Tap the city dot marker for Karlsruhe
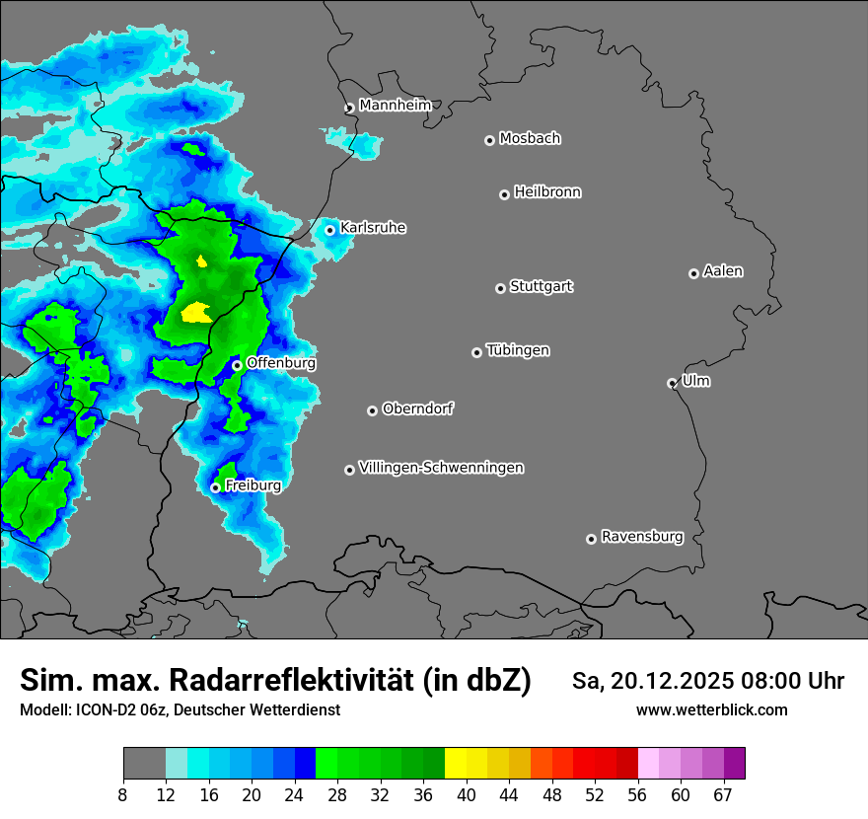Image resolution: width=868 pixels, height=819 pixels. [x=330, y=231]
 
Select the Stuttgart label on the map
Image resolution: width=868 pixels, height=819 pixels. [x=542, y=286]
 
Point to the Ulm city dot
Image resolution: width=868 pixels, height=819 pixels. [x=673, y=383]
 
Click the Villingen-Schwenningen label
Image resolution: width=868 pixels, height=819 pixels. [x=442, y=468]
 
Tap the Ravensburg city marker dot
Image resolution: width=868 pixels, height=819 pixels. [x=592, y=539]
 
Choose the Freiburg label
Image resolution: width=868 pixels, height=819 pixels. [x=253, y=485]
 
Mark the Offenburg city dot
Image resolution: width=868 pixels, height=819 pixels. [x=238, y=365]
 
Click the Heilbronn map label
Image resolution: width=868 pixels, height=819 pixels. [x=547, y=192]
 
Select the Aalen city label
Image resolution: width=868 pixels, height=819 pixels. [x=723, y=271]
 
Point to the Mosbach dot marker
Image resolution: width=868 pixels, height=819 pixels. [x=489, y=140]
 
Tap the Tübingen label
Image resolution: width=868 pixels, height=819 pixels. [x=518, y=350]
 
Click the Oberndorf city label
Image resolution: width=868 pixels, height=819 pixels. [x=417, y=409]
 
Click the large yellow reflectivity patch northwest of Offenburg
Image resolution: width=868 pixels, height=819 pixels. [x=197, y=313]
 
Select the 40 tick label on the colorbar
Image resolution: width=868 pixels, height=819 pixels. [x=466, y=795]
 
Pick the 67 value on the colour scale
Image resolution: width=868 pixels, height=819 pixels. [x=723, y=795]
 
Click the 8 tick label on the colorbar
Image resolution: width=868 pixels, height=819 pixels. [x=123, y=795]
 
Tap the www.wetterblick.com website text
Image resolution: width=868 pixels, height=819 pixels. [x=711, y=709]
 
